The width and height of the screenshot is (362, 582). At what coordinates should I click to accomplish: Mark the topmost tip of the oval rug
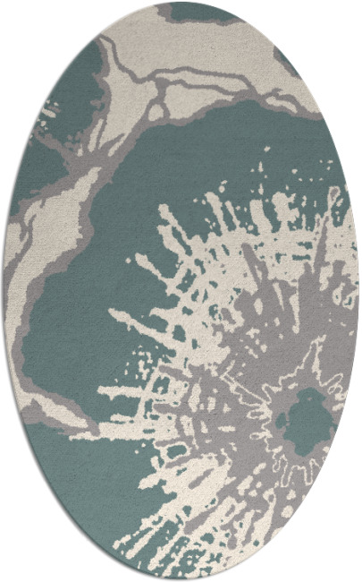[x=181, y=3]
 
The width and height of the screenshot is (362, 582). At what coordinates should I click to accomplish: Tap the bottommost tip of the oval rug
[x=181, y=579]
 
